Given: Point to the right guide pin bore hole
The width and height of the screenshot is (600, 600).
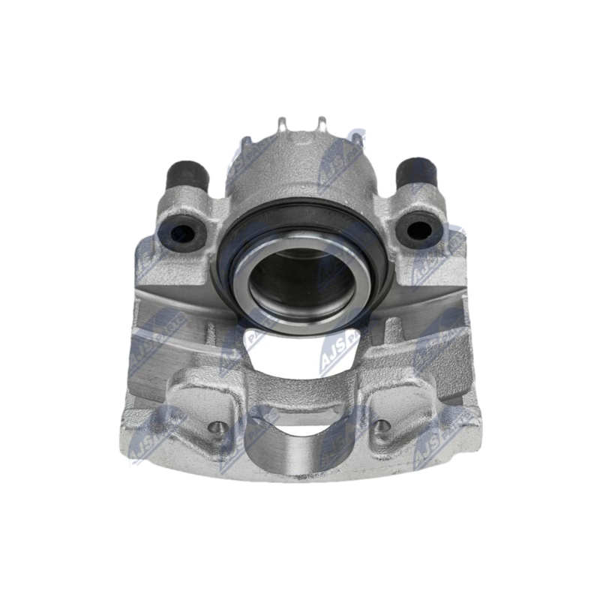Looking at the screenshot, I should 418,227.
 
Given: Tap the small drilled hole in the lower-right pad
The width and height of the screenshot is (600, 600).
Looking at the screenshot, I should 383,427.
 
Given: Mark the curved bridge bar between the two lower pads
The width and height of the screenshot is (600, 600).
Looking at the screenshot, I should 300,390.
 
